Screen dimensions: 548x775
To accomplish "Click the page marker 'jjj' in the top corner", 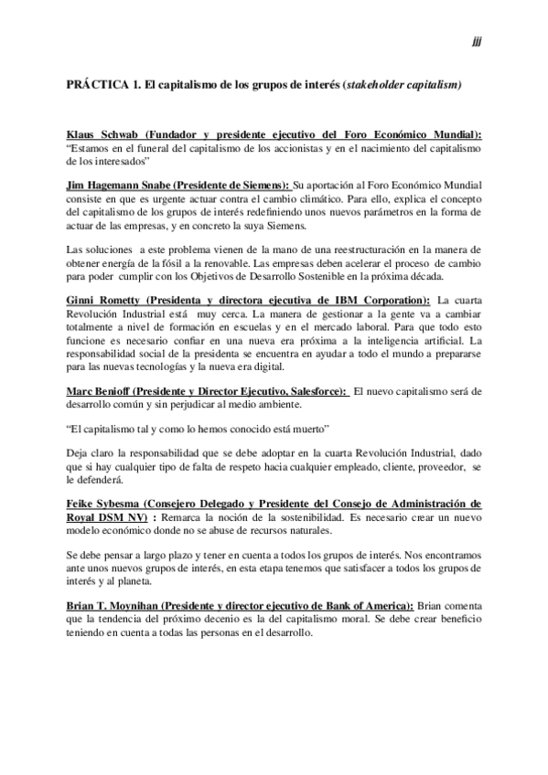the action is click(x=477, y=41).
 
